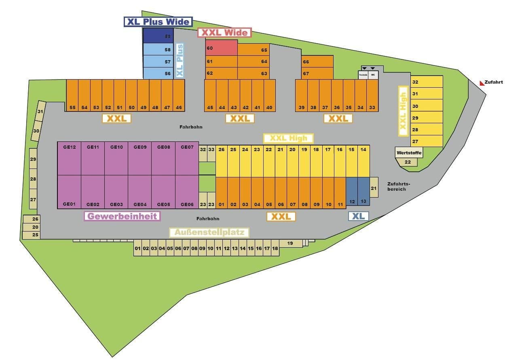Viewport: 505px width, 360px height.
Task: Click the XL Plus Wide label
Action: click(158, 22)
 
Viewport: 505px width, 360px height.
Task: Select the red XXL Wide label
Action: click(224, 33)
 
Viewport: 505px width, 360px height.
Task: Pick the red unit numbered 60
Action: click(221, 48)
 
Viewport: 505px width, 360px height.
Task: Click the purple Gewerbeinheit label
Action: click(122, 216)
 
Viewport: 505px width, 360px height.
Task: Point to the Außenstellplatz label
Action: click(209, 232)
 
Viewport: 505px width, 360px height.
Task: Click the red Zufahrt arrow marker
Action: click(482, 83)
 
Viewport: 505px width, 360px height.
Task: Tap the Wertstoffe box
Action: click(409, 153)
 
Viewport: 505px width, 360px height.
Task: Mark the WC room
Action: click(373, 75)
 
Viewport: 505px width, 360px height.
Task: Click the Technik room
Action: click(363, 75)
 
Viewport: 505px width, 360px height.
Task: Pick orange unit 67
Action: click(317, 73)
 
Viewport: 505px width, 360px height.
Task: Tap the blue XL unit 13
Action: click(364, 192)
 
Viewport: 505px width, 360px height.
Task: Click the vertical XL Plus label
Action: click(180, 61)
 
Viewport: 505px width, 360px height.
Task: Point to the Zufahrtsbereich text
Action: click(396, 186)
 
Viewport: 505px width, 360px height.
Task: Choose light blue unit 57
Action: click(158, 62)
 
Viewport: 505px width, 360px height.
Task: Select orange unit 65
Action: click(254, 50)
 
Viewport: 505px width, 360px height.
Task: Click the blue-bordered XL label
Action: click(358, 216)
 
